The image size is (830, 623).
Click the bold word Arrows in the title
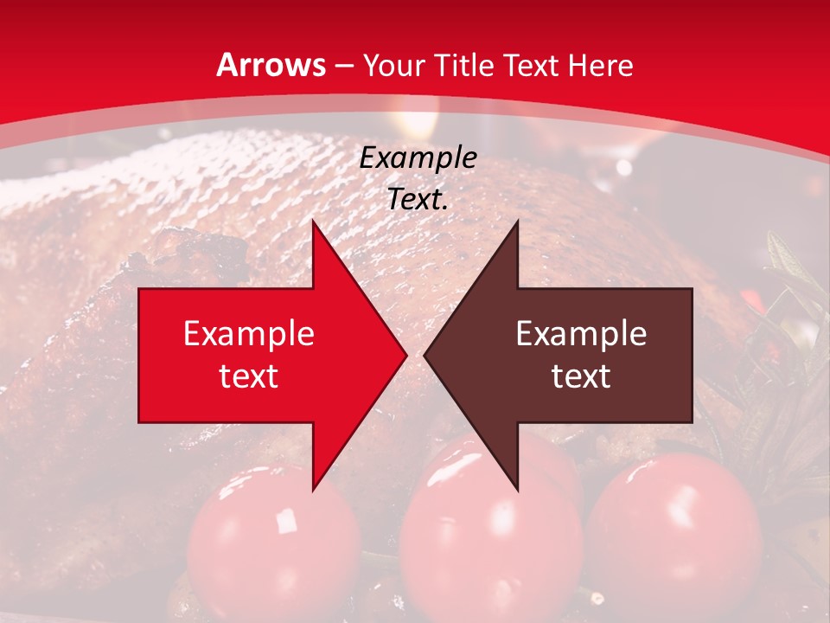(271, 65)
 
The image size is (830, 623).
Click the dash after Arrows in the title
(342, 66)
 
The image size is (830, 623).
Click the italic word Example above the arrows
(418, 158)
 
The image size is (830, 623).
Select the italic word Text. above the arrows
(418, 200)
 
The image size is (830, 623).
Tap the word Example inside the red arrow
(249, 333)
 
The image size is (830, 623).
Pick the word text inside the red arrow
(249, 376)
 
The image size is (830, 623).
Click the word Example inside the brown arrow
(581, 333)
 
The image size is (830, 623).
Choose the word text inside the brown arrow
(581, 376)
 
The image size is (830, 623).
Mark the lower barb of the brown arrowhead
(516, 487)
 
